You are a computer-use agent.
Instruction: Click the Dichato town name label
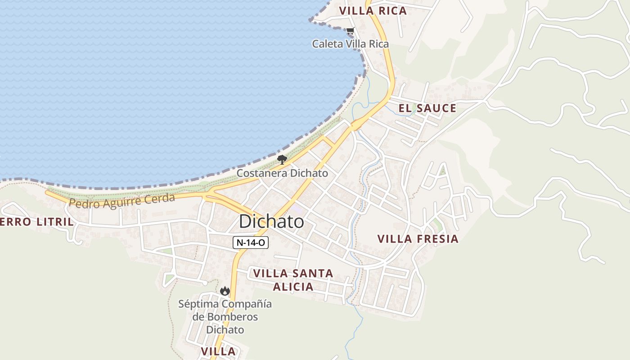(271, 221)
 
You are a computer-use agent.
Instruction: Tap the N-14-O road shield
(251, 243)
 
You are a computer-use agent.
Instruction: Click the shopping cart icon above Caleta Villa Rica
(350, 31)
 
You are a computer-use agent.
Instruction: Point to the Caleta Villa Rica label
(350, 44)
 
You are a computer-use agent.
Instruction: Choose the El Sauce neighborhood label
(427, 108)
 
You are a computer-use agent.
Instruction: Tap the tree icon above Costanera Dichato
(282, 160)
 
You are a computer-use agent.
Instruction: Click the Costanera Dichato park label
(282, 173)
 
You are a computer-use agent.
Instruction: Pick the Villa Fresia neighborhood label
(418, 239)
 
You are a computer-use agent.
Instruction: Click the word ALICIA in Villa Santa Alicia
(292, 287)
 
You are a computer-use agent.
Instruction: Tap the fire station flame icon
(225, 291)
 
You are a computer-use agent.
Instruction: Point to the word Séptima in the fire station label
(198, 304)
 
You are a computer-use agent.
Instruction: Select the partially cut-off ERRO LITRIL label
(36, 222)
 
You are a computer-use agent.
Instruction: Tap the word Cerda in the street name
(160, 198)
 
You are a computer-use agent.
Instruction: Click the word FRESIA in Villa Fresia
(436, 239)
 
